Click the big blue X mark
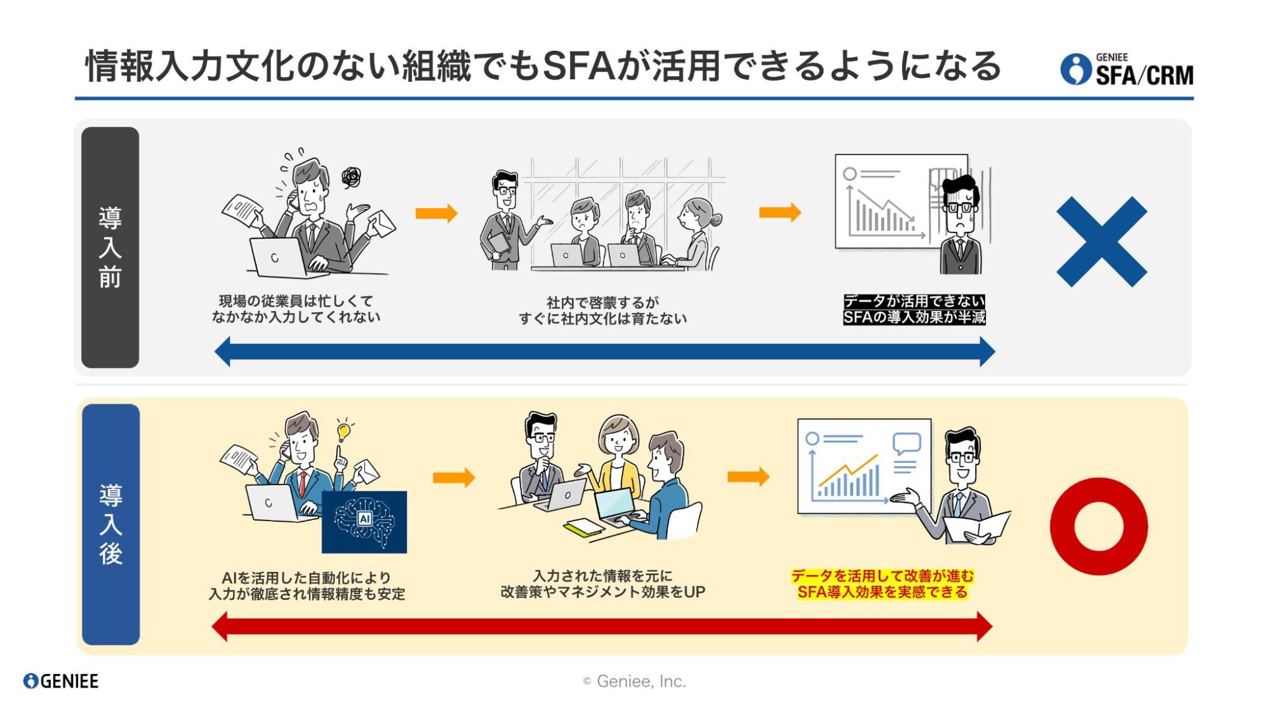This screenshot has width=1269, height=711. pyautogui.click(x=1101, y=242)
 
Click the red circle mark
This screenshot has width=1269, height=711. pyautogui.click(x=1098, y=526)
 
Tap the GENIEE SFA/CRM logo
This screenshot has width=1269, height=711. pyautogui.click(x=1127, y=69)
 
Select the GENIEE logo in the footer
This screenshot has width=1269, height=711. pyautogui.click(x=61, y=681)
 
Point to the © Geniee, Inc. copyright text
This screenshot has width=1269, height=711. pyautogui.click(x=634, y=681)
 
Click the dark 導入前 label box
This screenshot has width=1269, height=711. pyautogui.click(x=110, y=247)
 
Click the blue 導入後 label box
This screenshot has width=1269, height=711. pyautogui.click(x=110, y=524)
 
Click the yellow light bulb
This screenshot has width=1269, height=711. pyautogui.click(x=343, y=432)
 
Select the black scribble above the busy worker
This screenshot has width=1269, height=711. pyautogui.click(x=351, y=177)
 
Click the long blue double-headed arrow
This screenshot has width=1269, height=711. pyautogui.click(x=604, y=352)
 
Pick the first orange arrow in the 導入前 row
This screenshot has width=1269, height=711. pyautogui.click(x=436, y=213)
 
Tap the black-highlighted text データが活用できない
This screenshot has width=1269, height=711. pyautogui.click(x=914, y=301)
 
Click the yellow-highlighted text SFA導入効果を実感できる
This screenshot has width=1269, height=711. pyautogui.click(x=882, y=592)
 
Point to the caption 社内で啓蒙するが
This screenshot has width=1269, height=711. pyautogui.click(x=602, y=302)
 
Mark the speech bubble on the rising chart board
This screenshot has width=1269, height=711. pyautogui.click(x=906, y=442)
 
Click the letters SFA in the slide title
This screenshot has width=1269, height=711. pyautogui.click(x=579, y=66)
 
